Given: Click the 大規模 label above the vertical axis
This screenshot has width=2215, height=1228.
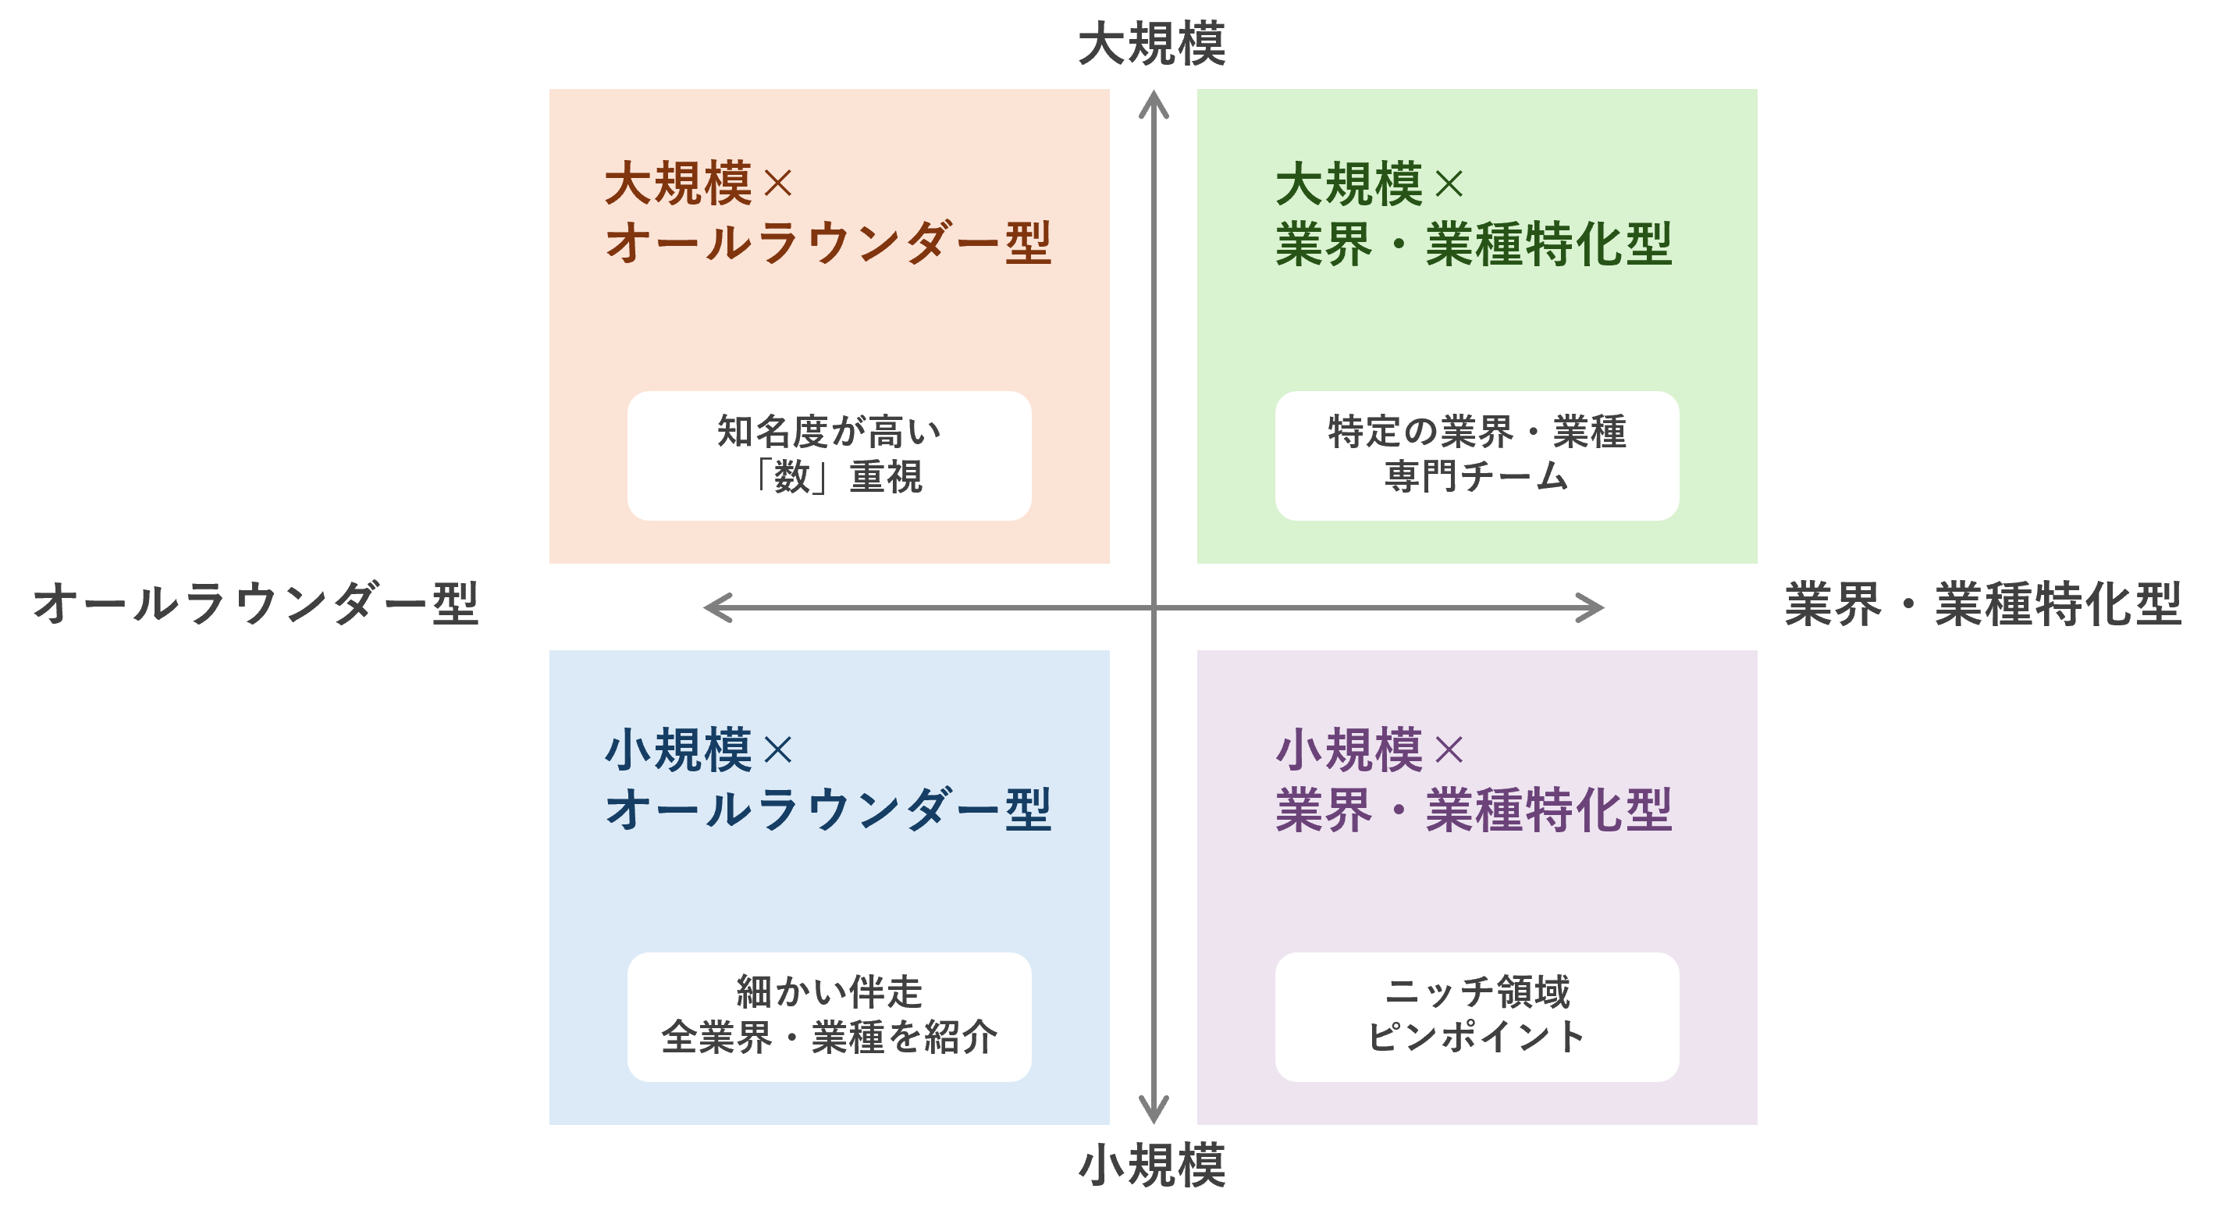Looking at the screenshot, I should (x=1151, y=44).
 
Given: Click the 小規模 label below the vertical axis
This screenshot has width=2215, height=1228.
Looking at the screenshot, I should (x=1151, y=1166).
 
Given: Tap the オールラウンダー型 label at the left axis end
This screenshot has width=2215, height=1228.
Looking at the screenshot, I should (x=255, y=603).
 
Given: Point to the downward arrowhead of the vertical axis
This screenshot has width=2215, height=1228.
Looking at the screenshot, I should (x=1153, y=1109).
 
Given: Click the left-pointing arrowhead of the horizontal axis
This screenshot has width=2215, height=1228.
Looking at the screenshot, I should (x=717, y=607).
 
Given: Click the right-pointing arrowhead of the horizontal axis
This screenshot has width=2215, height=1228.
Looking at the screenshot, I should (x=1591, y=607).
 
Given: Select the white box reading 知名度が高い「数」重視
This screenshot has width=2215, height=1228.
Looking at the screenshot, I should (x=829, y=455).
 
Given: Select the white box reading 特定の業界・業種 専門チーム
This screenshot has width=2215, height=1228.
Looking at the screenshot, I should (x=1477, y=455).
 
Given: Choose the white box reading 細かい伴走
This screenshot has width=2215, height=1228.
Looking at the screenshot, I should (x=829, y=1016).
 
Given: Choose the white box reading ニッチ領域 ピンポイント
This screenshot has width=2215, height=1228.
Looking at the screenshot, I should (x=1477, y=1016).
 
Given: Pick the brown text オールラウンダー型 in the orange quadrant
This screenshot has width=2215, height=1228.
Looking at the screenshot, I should (x=828, y=243).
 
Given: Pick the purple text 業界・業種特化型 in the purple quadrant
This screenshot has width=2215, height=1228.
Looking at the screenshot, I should (x=1473, y=810).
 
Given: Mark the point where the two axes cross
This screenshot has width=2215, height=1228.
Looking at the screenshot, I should (x=1153, y=607).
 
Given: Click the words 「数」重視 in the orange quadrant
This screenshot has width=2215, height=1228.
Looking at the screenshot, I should (x=837, y=476).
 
